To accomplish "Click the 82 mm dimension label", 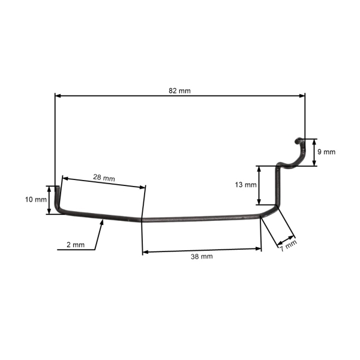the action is (179, 91).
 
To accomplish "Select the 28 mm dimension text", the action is (104, 178).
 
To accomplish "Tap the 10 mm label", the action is (36, 200).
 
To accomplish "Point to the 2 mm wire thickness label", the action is (76, 245).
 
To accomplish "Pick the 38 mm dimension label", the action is (202, 256).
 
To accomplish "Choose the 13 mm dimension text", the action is (245, 185).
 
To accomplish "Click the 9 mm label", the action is (326, 152).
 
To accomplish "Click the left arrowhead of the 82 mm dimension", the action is (58, 96).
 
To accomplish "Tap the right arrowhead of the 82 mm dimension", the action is (302, 96).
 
